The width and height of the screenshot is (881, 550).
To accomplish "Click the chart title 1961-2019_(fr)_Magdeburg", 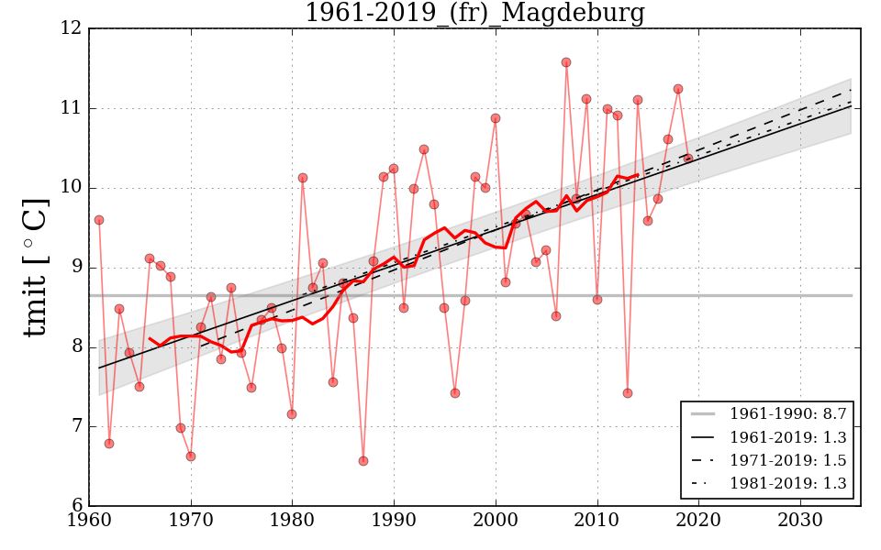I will tap(474, 13).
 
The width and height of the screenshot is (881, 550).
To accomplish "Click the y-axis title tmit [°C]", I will tap(35, 267).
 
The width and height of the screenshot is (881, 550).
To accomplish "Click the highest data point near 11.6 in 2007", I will tap(566, 62).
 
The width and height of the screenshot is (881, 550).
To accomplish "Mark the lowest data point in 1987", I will tap(363, 461).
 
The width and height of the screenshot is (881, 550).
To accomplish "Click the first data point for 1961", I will tap(99, 220).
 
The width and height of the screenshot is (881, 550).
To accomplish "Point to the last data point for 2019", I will tap(688, 159).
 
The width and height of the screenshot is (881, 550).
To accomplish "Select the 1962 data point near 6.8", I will tap(109, 444).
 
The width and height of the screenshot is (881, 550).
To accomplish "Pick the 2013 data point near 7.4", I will tap(628, 393).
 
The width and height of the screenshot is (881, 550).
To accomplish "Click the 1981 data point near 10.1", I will tap(303, 178).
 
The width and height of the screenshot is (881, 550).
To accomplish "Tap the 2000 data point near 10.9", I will tap(496, 118).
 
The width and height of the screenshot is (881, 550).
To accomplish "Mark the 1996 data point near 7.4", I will tap(455, 393).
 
